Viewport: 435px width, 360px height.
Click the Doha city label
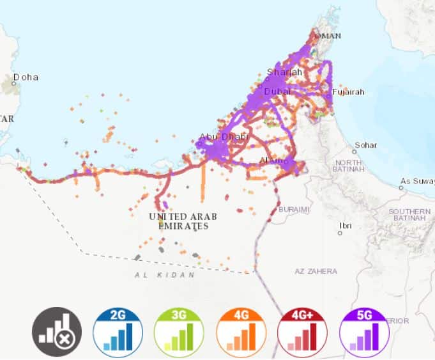(x=26, y=77)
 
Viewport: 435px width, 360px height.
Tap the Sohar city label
(x=366, y=145)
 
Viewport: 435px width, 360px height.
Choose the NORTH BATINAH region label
(x=349, y=166)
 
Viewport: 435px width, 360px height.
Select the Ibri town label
(x=345, y=225)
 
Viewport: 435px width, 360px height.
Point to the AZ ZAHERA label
(x=316, y=271)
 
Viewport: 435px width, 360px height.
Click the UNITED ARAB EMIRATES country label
(x=179, y=221)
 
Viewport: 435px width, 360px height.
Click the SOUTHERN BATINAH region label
(x=409, y=215)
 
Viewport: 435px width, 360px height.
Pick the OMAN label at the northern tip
(x=331, y=36)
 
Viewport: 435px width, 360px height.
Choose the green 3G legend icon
(x=178, y=331)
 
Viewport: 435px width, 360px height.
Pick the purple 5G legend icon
(x=365, y=331)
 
